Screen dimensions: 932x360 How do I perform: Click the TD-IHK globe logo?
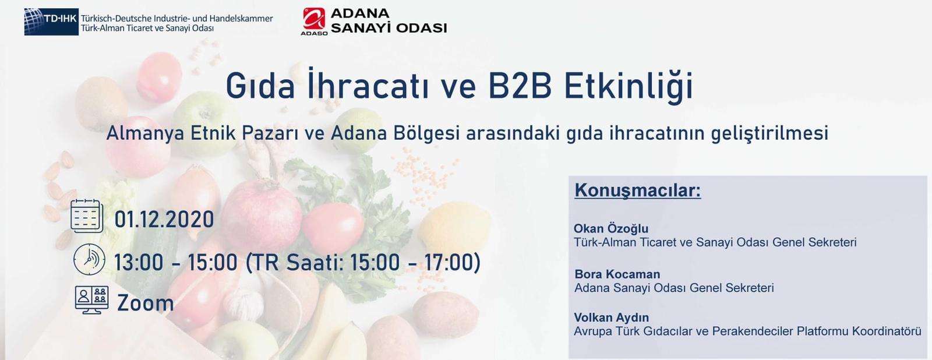[51, 22]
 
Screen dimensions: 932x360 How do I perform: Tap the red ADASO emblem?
[314, 19]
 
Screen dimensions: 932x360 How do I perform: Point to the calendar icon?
[87, 216]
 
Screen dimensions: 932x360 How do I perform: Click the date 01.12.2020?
[164, 220]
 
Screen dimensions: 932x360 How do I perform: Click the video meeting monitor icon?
[91, 299]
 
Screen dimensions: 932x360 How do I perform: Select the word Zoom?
[145, 303]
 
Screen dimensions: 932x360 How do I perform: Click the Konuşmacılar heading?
[637, 190]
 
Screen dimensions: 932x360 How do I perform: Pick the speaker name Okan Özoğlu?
[611, 228]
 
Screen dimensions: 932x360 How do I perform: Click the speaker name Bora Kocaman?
[617, 274]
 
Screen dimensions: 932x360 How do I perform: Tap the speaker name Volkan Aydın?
[611, 317]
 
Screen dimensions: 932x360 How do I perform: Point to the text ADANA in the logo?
[360, 13]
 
